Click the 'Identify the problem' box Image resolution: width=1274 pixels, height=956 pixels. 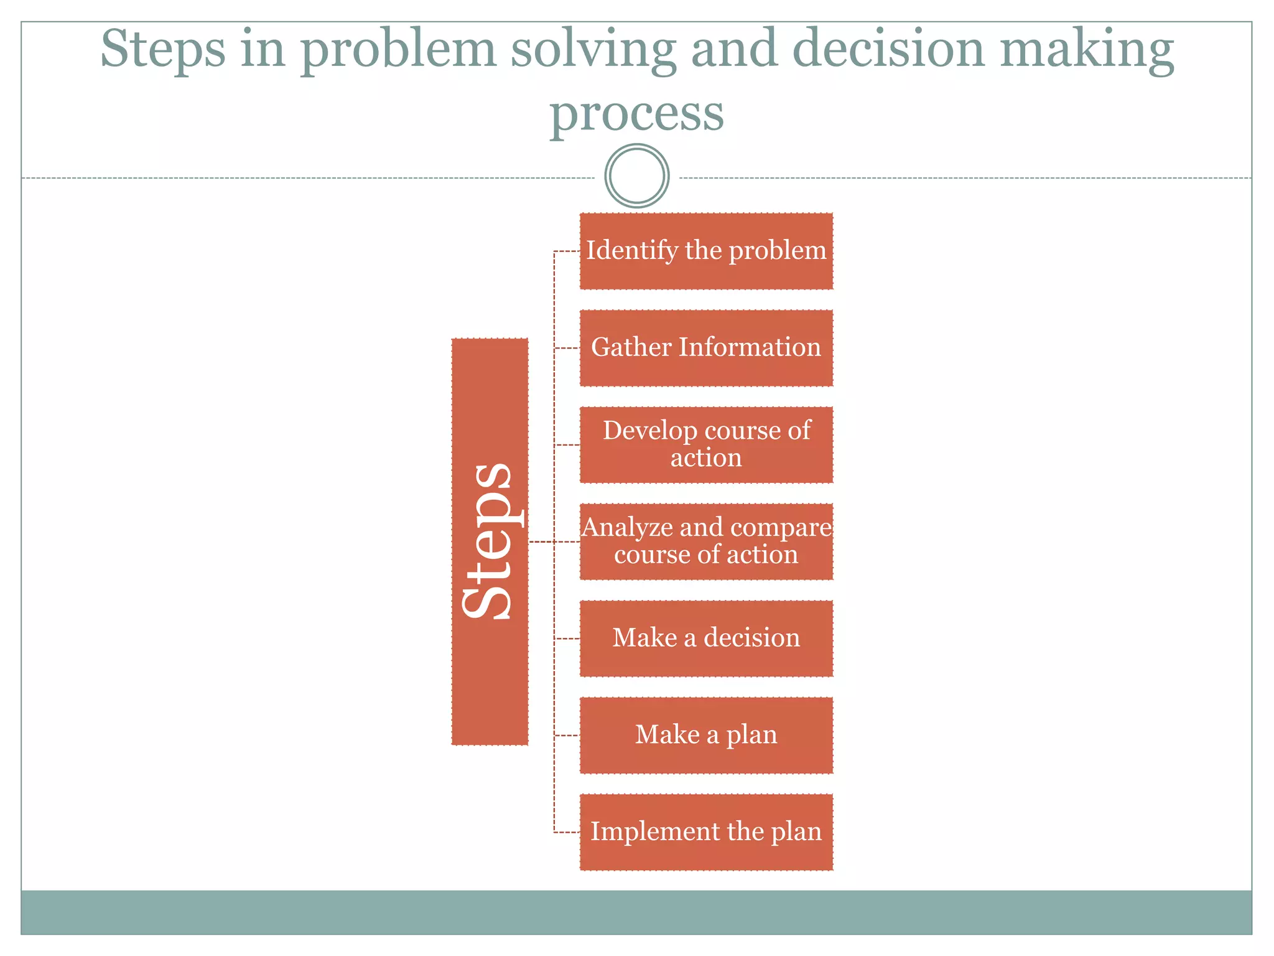coord(706,251)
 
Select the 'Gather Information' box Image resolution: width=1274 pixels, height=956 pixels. coord(706,349)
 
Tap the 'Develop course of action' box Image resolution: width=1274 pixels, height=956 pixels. coord(706,445)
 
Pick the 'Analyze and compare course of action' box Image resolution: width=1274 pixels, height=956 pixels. coord(706,542)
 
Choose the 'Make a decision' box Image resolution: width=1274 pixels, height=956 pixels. coord(706,639)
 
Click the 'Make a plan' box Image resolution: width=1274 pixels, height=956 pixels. coord(706,736)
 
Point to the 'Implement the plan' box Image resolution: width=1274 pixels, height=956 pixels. coord(706,832)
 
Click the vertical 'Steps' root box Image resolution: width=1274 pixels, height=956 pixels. coord(490,541)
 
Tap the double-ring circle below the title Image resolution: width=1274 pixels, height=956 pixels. coord(637,176)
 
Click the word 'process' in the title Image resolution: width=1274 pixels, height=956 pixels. coord(637,115)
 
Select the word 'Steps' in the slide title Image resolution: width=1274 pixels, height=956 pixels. coord(163,50)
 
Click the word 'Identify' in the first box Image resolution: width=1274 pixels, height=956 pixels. coord(632,251)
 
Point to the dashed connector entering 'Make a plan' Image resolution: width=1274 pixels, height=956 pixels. coord(567,736)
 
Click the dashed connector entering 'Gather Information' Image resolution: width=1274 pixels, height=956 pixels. coord(567,349)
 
